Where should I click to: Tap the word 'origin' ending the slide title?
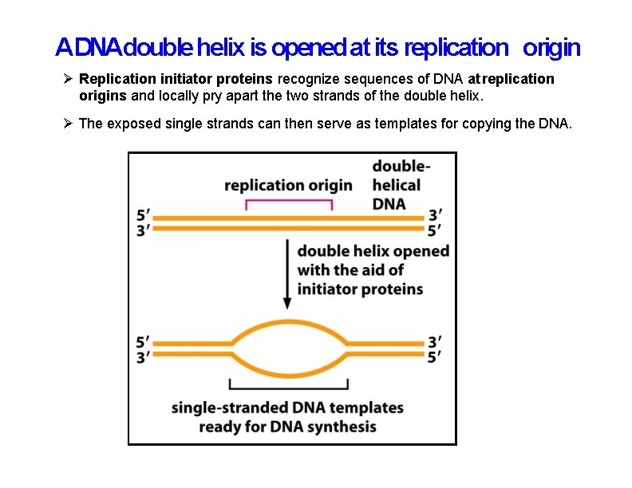[x=551, y=49]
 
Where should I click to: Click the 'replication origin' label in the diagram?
[x=288, y=185]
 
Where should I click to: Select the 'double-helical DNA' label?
[x=401, y=185]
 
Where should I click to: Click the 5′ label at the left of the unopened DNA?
[x=143, y=215]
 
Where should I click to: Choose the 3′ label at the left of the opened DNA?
[x=143, y=358]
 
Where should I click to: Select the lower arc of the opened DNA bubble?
[x=288, y=373]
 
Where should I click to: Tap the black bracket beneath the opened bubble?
[x=288, y=387]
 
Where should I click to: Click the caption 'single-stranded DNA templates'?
[x=287, y=408]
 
